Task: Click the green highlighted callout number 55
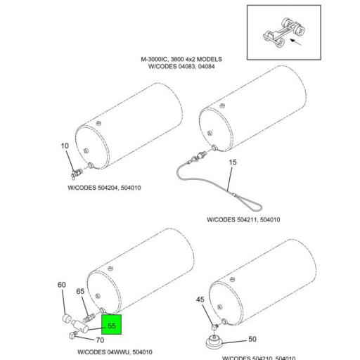(x=111, y=326)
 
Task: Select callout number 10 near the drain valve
(x=65, y=146)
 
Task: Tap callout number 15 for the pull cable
(x=232, y=162)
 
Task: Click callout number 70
(x=100, y=340)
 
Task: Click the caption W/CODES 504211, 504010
(x=243, y=220)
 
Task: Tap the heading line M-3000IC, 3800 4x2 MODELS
(x=181, y=60)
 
